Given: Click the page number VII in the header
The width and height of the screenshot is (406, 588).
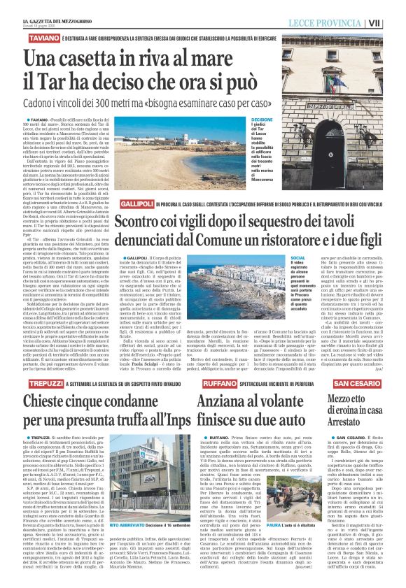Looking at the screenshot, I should click(x=394, y=22).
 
